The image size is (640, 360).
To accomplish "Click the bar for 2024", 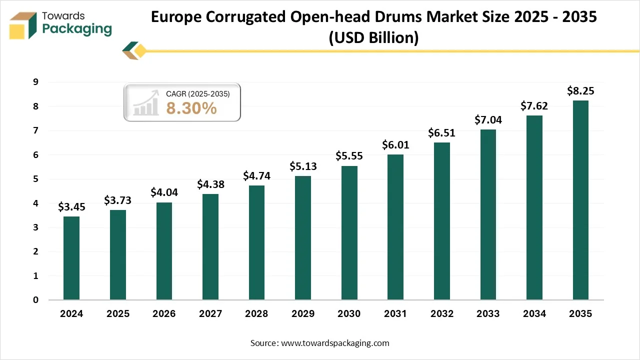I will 71,258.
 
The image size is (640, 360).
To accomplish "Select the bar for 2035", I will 580,200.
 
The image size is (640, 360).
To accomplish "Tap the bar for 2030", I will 349,233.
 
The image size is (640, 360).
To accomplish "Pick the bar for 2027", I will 210,247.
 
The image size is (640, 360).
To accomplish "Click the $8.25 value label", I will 580,91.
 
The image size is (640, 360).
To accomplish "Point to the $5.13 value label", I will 303,166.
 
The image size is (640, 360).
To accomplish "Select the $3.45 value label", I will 71,207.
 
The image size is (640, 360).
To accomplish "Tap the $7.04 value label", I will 488,120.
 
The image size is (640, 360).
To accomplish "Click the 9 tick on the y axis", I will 35,82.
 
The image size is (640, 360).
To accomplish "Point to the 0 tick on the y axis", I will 35,300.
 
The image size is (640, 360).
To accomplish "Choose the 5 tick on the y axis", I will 35,179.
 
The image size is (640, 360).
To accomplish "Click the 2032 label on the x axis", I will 441,314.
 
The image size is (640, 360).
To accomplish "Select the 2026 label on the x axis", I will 164,314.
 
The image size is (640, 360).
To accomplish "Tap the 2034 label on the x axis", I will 534,314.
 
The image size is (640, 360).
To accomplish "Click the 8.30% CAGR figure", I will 191,108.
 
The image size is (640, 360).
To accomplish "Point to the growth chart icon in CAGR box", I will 146,104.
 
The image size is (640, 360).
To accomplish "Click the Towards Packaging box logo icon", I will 23,25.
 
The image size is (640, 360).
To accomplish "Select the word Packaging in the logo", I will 77,29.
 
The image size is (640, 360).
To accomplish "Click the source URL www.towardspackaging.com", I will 335,343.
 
